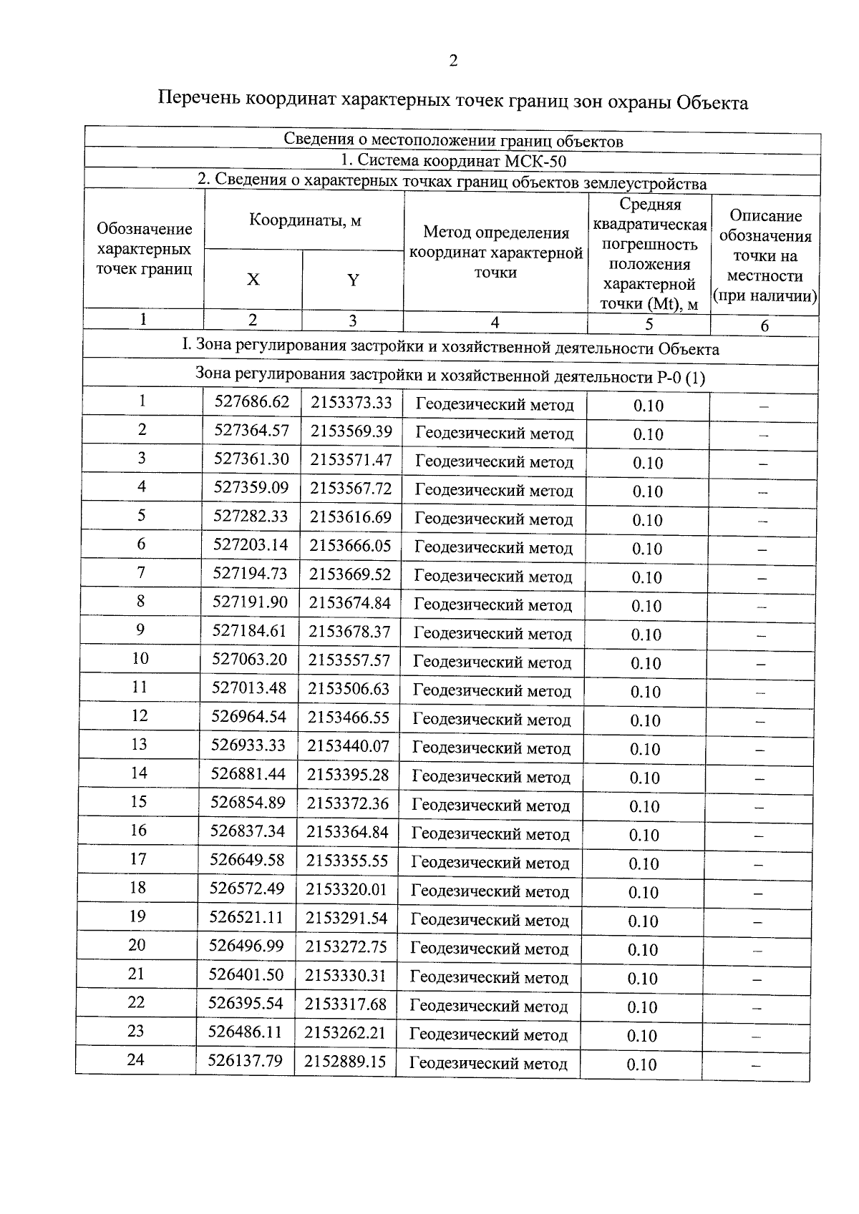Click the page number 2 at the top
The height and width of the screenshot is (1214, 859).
(452, 62)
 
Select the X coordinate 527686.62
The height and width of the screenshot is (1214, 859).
(252, 402)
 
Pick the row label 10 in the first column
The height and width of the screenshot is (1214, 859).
(140, 658)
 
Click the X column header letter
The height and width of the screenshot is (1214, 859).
(253, 280)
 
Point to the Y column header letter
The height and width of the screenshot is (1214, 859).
(353, 280)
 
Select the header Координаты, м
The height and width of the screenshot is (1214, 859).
(305, 220)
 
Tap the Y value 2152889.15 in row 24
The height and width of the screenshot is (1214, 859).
(345, 1061)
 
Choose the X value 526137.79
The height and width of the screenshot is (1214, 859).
(245, 1060)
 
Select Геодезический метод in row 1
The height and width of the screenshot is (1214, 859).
(495, 406)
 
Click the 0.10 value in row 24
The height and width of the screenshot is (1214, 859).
(641, 1064)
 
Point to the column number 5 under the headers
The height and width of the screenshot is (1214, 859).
(649, 324)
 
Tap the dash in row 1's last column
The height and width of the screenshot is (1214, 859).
(764, 406)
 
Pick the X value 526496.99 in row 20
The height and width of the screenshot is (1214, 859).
(246, 946)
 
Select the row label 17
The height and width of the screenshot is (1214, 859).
(138, 858)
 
